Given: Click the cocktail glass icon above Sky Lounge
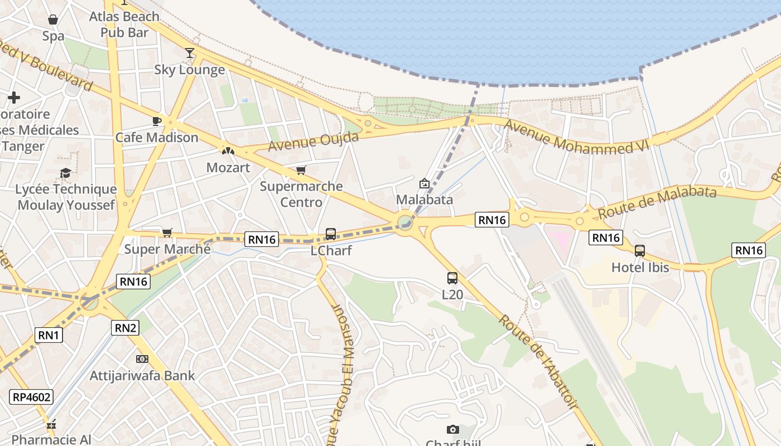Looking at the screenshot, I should [x=190, y=53].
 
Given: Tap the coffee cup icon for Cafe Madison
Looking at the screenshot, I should [x=157, y=121].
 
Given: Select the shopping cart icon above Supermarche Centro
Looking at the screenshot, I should [x=301, y=170].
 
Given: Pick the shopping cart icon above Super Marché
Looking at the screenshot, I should [x=167, y=232].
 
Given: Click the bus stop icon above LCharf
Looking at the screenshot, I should [x=331, y=234].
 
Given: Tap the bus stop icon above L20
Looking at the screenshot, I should [x=452, y=278].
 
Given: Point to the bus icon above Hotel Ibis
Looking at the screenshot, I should [x=640, y=251].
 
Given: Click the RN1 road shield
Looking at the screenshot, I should [x=49, y=335].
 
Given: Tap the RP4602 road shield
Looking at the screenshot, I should [x=31, y=397].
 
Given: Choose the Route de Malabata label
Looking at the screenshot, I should [x=657, y=202].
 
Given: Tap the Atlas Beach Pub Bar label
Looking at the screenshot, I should [x=124, y=25].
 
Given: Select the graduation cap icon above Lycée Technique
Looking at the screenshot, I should [x=66, y=173].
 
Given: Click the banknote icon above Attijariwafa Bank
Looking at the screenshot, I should [x=142, y=359].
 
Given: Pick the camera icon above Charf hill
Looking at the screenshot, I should [x=453, y=429].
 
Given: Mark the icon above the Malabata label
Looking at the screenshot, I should [x=425, y=183].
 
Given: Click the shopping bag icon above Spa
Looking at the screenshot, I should [x=53, y=20].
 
